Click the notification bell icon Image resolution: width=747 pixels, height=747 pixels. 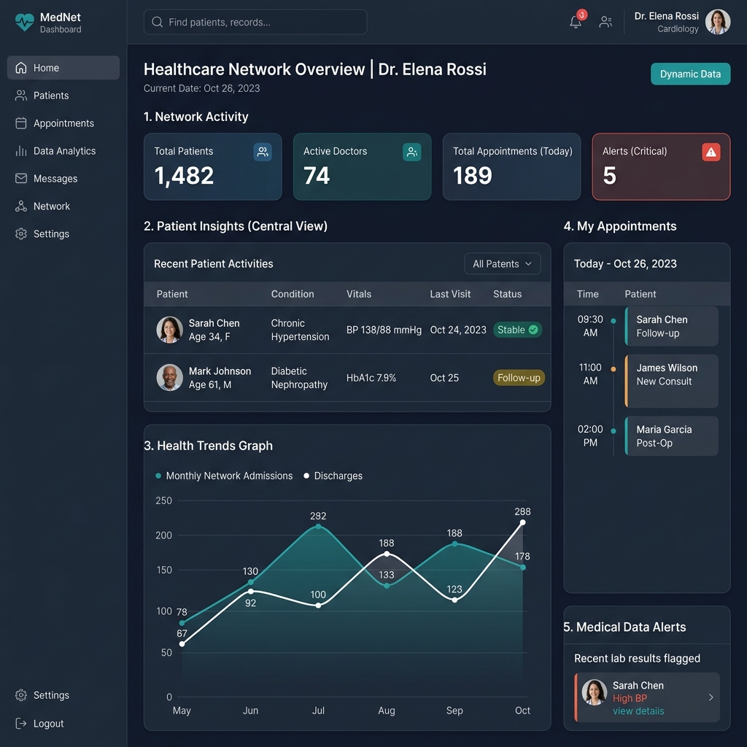(x=576, y=22)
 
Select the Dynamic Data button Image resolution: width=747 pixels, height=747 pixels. (x=690, y=74)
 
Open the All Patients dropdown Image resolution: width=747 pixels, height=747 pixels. (x=502, y=264)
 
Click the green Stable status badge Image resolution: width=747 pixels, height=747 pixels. (x=517, y=330)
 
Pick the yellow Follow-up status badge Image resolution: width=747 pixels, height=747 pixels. (x=519, y=378)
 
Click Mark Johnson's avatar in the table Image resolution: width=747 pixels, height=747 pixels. (x=169, y=377)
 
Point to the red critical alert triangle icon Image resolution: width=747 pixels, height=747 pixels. (x=711, y=152)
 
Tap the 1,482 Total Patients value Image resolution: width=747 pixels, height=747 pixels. (x=184, y=176)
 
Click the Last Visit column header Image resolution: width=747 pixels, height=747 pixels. (x=450, y=294)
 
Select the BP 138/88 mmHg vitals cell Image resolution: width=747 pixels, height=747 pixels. (x=384, y=330)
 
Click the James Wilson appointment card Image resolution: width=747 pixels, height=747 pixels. (x=671, y=381)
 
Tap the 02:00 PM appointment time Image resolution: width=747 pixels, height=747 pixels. (x=590, y=436)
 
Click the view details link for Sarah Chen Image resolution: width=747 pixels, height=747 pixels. (x=638, y=711)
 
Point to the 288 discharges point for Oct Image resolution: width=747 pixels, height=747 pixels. (x=522, y=522)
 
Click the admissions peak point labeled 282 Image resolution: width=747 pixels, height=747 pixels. (x=318, y=527)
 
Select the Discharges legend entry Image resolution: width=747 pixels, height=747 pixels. (x=333, y=476)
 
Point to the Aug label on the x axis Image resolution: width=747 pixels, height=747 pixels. (x=387, y=711)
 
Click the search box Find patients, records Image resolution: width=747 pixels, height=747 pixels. (x=255, y=22)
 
